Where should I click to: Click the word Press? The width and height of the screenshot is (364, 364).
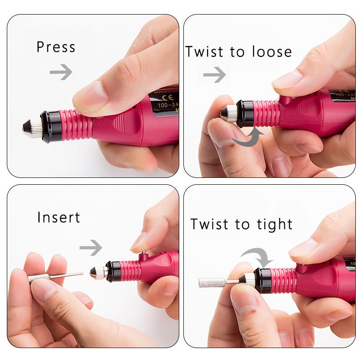pos(56,47)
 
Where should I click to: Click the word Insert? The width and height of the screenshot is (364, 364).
pos(58,217)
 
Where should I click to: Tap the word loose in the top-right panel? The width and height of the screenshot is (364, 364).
pos(268,52)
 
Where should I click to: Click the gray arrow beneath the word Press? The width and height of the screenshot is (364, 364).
pos(61,71)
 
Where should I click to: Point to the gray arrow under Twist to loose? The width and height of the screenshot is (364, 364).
pos(214,74)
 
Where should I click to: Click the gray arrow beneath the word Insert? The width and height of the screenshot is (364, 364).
pos(91,248)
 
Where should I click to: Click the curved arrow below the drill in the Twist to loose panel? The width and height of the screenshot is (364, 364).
pos(249,137)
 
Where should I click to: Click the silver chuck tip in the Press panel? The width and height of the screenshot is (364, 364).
pos(32,127)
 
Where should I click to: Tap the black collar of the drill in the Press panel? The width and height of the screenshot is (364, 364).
pos(50,126)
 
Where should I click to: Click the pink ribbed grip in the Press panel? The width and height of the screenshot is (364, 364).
pos(76,124)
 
